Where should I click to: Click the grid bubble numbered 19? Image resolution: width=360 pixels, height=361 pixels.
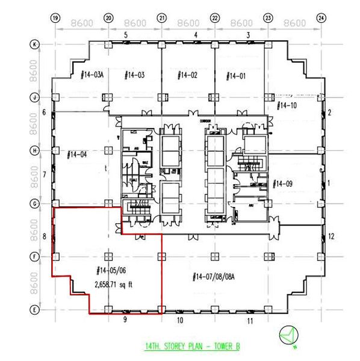pos(55,19)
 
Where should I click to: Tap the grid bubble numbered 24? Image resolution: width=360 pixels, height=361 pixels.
pos(321,19)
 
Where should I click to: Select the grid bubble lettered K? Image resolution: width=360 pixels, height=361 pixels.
pos(36,45)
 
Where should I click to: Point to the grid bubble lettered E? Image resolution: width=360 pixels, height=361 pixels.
pos(36,310)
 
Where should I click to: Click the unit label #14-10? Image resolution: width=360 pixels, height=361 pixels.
pos(286,106)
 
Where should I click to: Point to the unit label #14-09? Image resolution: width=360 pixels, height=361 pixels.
pos(283,183)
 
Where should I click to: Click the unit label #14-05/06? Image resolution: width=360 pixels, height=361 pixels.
pos(111,271)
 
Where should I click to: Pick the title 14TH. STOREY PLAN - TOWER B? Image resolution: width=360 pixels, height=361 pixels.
pos(192,347)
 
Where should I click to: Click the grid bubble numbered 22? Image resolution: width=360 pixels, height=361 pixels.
pos(215,19)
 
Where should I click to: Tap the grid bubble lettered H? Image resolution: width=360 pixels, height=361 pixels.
pos(36,150)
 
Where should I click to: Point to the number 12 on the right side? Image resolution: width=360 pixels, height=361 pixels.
pos(331,236)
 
